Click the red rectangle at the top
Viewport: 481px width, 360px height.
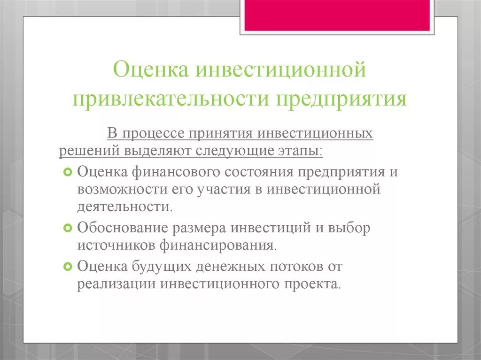336,15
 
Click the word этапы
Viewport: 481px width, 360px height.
299,151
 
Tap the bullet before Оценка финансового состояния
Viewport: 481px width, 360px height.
67,172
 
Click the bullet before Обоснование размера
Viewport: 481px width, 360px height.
67,228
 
